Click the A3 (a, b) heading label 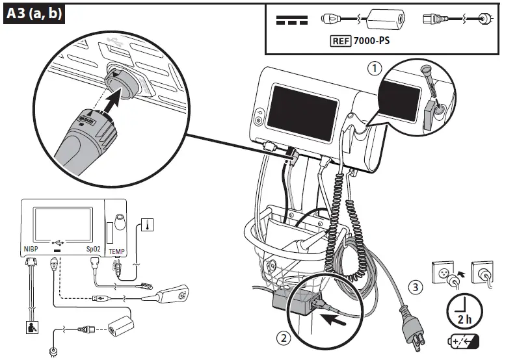(34, 14)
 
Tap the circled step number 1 (374, 68)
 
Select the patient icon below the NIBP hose (31, 327)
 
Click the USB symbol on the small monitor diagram (59, 239)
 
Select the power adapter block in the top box (382, 19)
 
